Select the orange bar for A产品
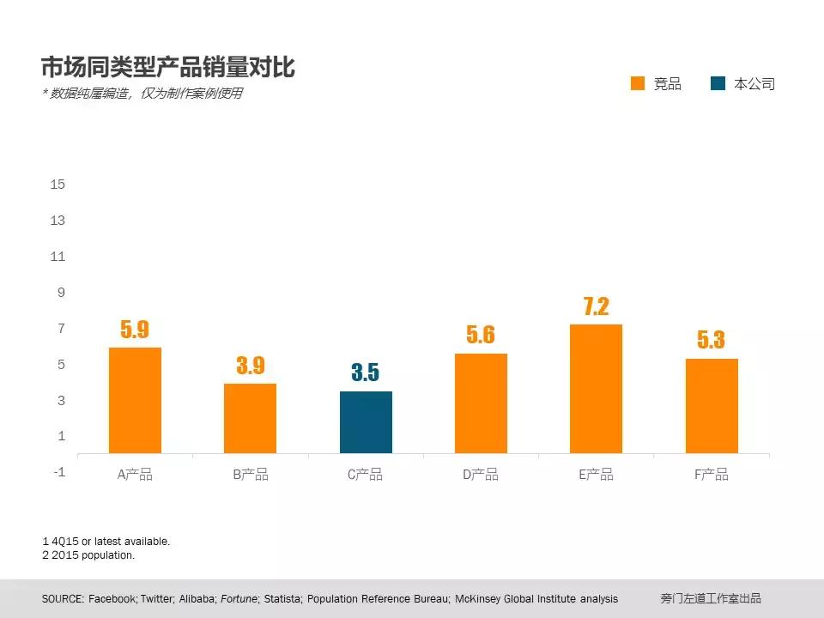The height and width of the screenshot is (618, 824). coord(135,400)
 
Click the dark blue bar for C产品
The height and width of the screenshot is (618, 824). coord(366,422)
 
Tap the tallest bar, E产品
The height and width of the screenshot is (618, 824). coord(596,389)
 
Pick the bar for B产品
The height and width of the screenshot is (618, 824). coord(250,418)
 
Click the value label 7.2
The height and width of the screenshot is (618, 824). coord(596,306)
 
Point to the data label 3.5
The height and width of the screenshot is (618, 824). coord(365,373)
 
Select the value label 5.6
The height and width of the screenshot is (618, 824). coord(481,335)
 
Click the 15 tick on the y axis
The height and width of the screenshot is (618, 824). coord(58,184)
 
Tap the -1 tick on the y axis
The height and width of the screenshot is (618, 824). coord(58,472)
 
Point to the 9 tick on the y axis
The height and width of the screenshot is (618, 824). coord(61,293)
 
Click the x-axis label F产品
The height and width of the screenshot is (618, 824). coord(712,475)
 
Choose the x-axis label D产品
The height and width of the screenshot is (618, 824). coord(481,475)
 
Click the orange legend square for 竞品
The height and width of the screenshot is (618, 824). coord(637,83)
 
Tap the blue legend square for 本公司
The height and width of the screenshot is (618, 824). coord(718,83)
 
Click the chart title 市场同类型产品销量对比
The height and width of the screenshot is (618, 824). coord(168,67)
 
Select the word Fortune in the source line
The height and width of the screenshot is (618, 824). coord(238,598)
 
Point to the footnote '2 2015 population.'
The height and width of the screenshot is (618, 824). coord(88,555)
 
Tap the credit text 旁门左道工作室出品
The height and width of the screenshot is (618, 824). coord(711,598)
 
